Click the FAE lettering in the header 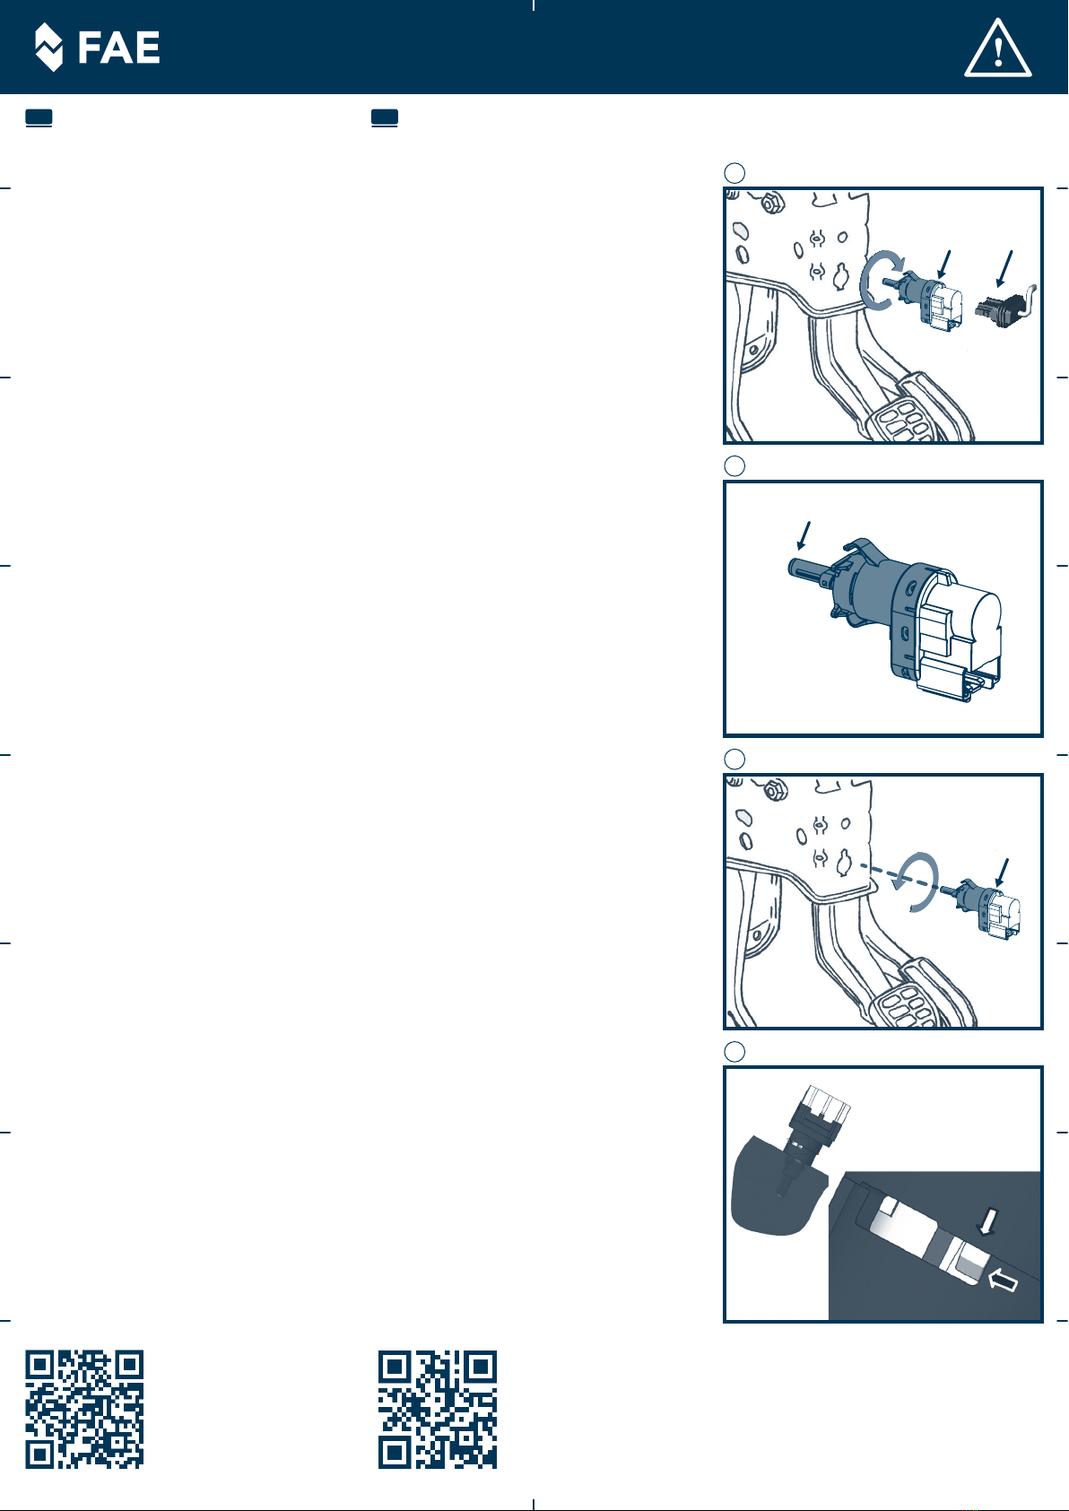118,48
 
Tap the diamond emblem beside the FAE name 48,47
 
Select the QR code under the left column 84,1409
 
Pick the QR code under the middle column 437,1409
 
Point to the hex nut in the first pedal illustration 769,202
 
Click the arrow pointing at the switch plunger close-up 803,535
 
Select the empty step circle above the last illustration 734,1051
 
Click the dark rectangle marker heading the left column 39,117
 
